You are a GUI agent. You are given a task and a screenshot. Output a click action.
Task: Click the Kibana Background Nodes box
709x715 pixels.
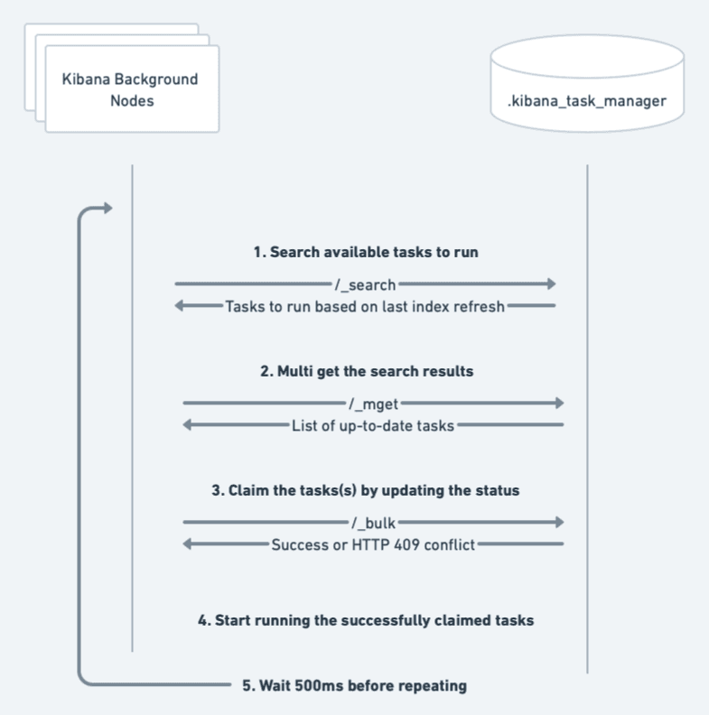point(130,89)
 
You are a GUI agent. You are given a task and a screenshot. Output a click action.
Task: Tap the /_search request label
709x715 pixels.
point(365,285)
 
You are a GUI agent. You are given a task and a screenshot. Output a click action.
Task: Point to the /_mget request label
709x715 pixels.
point(373,404)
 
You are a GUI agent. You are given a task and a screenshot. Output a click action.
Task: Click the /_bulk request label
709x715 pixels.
point(373,523)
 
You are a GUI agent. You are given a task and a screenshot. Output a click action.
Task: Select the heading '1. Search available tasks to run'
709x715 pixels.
point(365,253)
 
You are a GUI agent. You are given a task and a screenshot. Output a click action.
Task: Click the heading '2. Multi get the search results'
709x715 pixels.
point(367,371)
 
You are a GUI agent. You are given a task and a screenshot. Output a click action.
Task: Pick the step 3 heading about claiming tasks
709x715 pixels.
point(366,491)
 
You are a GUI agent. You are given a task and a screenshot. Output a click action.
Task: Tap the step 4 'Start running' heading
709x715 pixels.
point(366,620)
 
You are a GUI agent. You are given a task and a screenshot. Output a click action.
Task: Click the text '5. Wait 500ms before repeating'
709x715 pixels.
point(355,686)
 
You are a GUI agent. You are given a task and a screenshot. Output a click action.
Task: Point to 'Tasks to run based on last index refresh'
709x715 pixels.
point(364,306)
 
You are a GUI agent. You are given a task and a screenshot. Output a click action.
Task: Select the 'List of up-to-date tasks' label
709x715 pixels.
point(373,425)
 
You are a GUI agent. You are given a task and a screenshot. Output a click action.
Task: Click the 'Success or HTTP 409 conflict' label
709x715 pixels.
point(373,545)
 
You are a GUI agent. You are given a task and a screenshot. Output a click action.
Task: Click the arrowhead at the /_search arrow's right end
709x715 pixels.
point(549,285)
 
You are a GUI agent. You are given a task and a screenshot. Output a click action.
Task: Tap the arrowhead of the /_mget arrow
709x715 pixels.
point(558,404)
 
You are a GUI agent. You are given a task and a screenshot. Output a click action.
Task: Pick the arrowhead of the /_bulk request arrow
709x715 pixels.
point(558,523)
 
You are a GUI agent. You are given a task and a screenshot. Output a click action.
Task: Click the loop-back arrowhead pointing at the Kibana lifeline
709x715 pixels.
point(107,209)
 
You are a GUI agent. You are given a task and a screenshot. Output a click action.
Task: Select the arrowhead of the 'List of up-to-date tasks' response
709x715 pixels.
point(189,425)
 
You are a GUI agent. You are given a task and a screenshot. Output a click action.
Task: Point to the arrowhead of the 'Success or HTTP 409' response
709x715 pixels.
point(189,545)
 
